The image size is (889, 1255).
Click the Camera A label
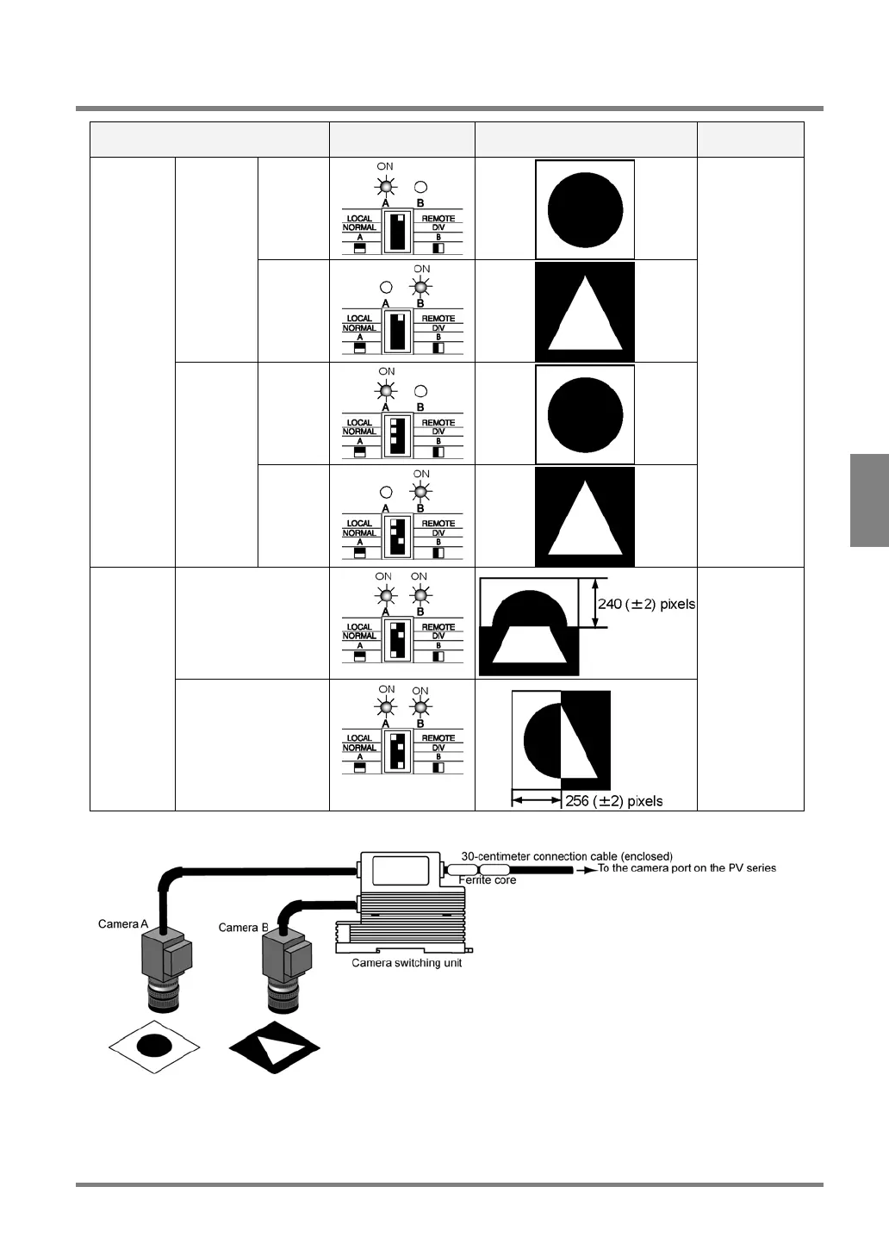point(123,924)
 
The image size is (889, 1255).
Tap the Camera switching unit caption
point(407,963)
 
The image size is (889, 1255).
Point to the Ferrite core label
point(488,880)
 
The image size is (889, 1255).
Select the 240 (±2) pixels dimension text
point(647,605)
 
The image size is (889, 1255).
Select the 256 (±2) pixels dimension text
point(614,801)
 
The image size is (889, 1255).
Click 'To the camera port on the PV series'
point(687,868)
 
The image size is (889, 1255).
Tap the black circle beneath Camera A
point(154,1047)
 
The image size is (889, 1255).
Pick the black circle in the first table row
point(585,208)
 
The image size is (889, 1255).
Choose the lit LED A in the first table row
point(387,187)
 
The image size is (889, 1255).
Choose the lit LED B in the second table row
point(421,288)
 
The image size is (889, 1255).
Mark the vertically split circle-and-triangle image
point(561,740)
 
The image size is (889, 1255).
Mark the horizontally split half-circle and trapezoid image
point(529,626)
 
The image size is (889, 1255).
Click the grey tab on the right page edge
point(869,500)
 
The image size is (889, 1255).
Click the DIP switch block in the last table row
point(396,750)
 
